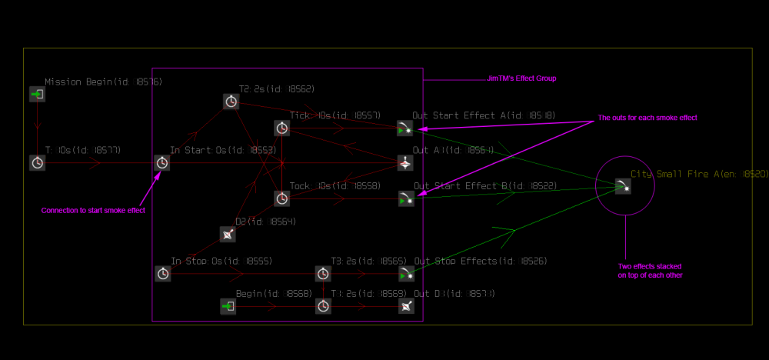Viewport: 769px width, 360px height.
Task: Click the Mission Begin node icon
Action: [37, 94]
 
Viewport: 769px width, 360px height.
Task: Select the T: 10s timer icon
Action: [37, 162]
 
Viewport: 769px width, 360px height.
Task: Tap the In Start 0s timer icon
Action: [162, 162]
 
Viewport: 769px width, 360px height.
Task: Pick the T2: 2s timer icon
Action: [231, 101]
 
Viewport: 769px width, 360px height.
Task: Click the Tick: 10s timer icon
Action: [282, 128]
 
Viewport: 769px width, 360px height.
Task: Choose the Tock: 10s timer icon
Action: [282, 198]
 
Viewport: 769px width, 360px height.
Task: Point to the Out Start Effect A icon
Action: [406, 128]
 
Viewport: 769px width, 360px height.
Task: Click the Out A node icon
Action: [406, 162]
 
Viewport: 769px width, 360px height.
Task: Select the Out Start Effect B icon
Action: [406, 198]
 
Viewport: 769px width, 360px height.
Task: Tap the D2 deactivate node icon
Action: [228, 234]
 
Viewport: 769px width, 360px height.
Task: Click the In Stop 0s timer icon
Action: [162, 273]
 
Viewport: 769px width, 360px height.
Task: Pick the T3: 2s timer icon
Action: [324, 273]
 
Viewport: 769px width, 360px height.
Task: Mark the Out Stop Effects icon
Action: [406, 273]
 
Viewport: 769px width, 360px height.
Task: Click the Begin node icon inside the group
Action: [228, 306]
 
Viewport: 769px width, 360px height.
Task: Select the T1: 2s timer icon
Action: [324, 306]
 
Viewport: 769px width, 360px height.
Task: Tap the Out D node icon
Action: [406, 306]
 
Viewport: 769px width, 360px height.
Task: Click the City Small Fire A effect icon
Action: [624, 185]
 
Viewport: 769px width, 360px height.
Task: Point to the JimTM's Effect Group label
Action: [521, 78]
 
